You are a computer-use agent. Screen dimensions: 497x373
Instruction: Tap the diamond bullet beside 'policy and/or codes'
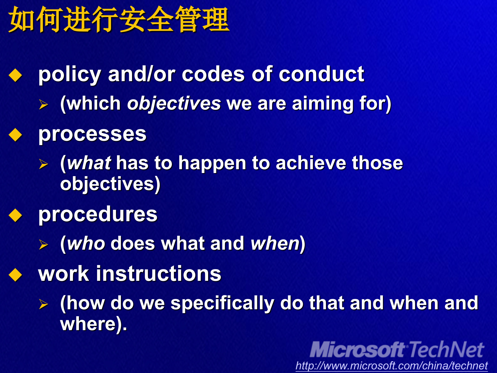[x=15, y=75]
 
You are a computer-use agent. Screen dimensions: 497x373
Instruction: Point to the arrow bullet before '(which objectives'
[x=43, y=104]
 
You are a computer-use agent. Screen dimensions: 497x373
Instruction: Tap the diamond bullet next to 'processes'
[x=15, y=135]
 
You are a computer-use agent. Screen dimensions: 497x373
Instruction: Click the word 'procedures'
[x=98, y=214]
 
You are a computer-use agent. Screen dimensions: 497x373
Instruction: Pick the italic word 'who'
[x=86, y=243]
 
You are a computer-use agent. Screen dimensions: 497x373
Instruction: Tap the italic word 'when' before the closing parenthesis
[x=275, y=243]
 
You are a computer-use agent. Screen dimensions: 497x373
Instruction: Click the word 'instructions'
[x=159, y=274]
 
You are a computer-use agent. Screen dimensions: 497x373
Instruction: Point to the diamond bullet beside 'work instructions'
[x=15, y=275]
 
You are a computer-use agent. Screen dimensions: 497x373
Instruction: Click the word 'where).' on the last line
[x=93, y=324]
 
